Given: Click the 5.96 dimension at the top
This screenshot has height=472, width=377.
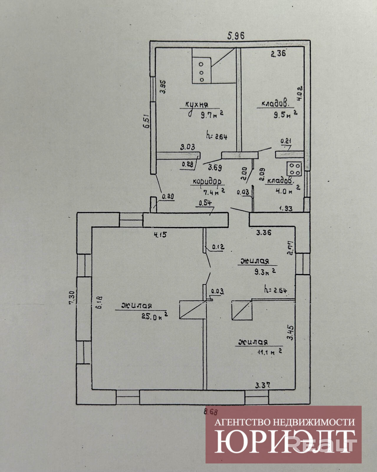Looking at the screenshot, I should (x=236, y=36).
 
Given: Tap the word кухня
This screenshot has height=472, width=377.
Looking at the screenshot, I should (x=197, y=104).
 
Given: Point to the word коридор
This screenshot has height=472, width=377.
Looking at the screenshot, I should (x=207, y=181).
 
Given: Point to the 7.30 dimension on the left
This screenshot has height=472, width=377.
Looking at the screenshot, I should (x=71, y=298).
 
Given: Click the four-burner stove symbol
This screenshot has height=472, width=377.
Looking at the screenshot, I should (x=294, y=169).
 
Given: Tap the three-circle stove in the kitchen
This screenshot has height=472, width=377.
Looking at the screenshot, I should (x=202, y=72).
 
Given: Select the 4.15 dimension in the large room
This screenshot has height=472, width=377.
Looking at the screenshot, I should (x=160, y=235).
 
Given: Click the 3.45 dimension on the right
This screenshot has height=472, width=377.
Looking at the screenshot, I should (x=291, y=332).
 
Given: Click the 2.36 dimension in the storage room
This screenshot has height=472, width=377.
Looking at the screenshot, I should (x=278, y=54).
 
